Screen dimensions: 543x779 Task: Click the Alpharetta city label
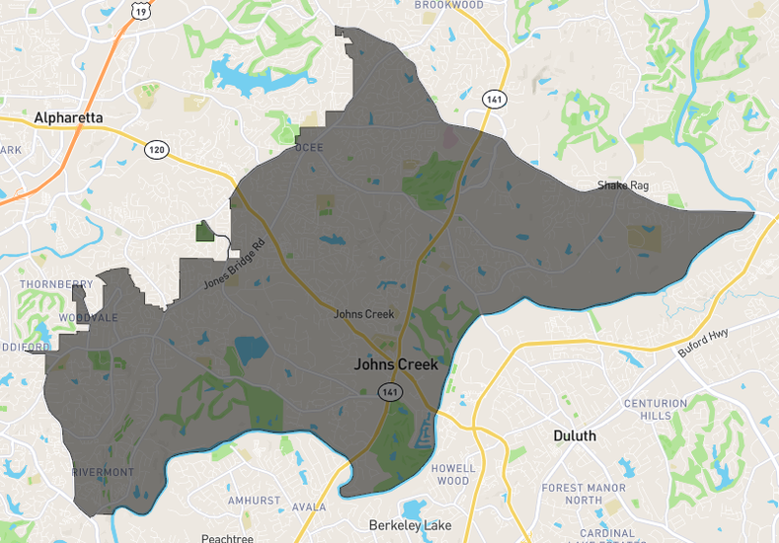click(x=68, y=117)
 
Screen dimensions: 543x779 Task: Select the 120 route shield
click(x=156, y=150)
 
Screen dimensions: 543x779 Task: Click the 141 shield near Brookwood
click(x=494, y=100)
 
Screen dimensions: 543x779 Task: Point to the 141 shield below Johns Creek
click(x=390, y=391)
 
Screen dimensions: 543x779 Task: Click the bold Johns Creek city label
click(x=395, y=364)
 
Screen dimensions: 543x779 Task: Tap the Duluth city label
click(x=574, y=435)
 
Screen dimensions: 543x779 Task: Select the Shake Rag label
click(x=622, y=186)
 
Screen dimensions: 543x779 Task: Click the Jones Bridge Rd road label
click(x=235, y=265)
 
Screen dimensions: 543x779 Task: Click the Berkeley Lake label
click(x=410, y=525)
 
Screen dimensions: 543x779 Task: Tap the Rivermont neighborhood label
click(x=103, y=472)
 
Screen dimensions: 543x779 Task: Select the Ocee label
click(x=309, y=148)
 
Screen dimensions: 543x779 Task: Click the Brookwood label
click(x=449, y=5)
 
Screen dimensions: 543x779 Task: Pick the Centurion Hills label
click(x=662, y=410)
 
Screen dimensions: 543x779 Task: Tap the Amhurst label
click(x=255, y=502)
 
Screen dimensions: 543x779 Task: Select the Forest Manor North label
click(x=584, y=494)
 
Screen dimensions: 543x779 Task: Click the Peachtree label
click(x=227, y=539)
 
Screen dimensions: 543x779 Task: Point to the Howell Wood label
click(x=453, y=474)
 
